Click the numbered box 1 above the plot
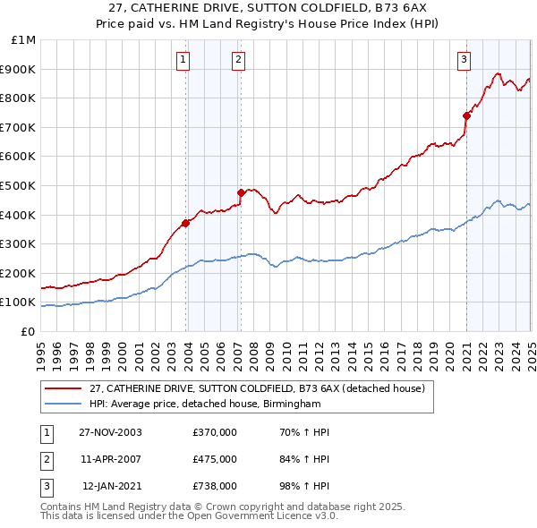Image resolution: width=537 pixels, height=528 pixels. point(183,60)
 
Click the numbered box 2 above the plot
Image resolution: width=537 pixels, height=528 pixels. point(239,60)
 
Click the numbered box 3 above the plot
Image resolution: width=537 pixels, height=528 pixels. point(465,60)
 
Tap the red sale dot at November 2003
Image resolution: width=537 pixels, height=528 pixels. point(186,223)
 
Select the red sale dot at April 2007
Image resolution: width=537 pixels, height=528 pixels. point(241,192)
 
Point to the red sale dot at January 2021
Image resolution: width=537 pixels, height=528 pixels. point(466,115)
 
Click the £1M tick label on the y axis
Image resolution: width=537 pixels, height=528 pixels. point(24,39)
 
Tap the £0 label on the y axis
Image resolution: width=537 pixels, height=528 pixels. point(28,331)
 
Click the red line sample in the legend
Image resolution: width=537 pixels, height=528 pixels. point(63,388)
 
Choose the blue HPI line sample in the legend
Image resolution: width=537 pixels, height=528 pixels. point(63,405)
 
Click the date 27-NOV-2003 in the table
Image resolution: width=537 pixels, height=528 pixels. point(110,432)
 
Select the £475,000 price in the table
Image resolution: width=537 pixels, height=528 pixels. point(215,459)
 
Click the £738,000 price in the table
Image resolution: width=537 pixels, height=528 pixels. point(215,486)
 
